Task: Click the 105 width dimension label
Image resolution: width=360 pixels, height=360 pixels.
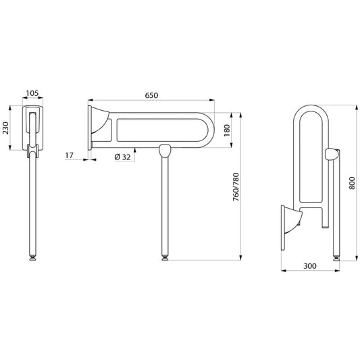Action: [32, 93]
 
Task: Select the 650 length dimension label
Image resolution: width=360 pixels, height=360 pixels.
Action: [151, 95]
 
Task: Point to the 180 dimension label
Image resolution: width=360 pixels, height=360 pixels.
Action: [227, 130]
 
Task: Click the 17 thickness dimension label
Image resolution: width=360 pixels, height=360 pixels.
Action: [69, 155]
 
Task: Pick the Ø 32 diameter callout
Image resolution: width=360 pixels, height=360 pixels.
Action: [122, 157]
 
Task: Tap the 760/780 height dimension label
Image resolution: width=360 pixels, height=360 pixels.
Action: [236, 187]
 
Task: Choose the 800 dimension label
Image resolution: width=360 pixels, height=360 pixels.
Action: [352, 183]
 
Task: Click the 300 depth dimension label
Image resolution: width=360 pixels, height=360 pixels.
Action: [310, 266]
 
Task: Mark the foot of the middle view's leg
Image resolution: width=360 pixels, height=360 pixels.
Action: [165, 257]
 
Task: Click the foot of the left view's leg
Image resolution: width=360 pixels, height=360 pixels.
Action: [32, 257]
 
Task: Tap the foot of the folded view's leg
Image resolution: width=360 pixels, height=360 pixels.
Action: [336, 258]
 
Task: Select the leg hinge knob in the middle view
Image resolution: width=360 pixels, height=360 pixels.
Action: [165, 151]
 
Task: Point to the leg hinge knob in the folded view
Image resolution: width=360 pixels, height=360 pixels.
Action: [332, 155]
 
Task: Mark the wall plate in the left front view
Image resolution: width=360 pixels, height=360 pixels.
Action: [32, 128]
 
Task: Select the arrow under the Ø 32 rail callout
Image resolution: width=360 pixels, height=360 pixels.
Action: [135, 154]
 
